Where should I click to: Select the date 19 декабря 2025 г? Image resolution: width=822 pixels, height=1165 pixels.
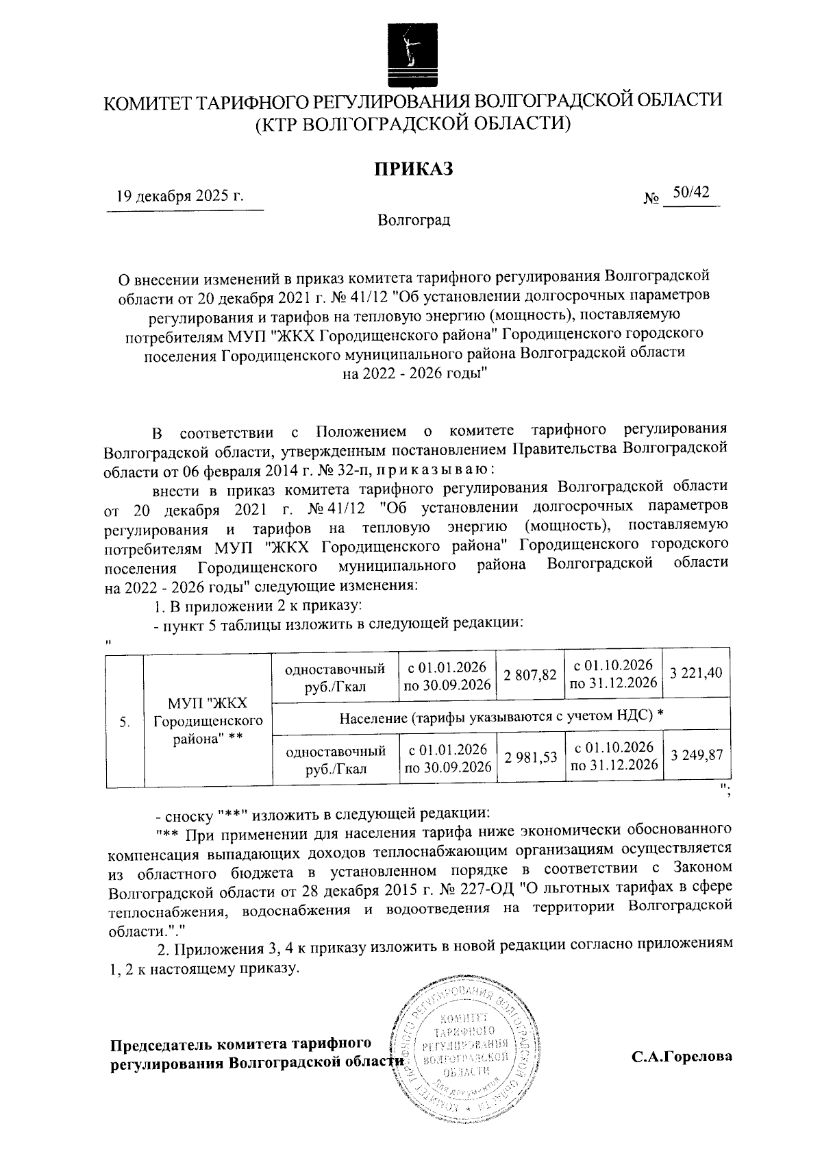[180, 197]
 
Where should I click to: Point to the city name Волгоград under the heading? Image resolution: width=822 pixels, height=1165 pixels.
[413, 221]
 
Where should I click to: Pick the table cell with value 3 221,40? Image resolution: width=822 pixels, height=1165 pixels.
[696, 674]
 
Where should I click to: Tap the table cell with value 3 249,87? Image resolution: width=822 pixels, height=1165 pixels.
[696, 757]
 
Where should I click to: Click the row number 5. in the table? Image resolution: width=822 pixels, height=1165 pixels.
[124, 722]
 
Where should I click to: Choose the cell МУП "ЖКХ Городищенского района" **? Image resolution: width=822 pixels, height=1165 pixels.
[208, 722]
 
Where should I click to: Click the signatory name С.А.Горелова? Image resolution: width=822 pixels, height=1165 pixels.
[682, 1056]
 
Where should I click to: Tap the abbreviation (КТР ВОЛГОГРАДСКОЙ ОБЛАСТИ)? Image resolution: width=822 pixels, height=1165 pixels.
[413, 125]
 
